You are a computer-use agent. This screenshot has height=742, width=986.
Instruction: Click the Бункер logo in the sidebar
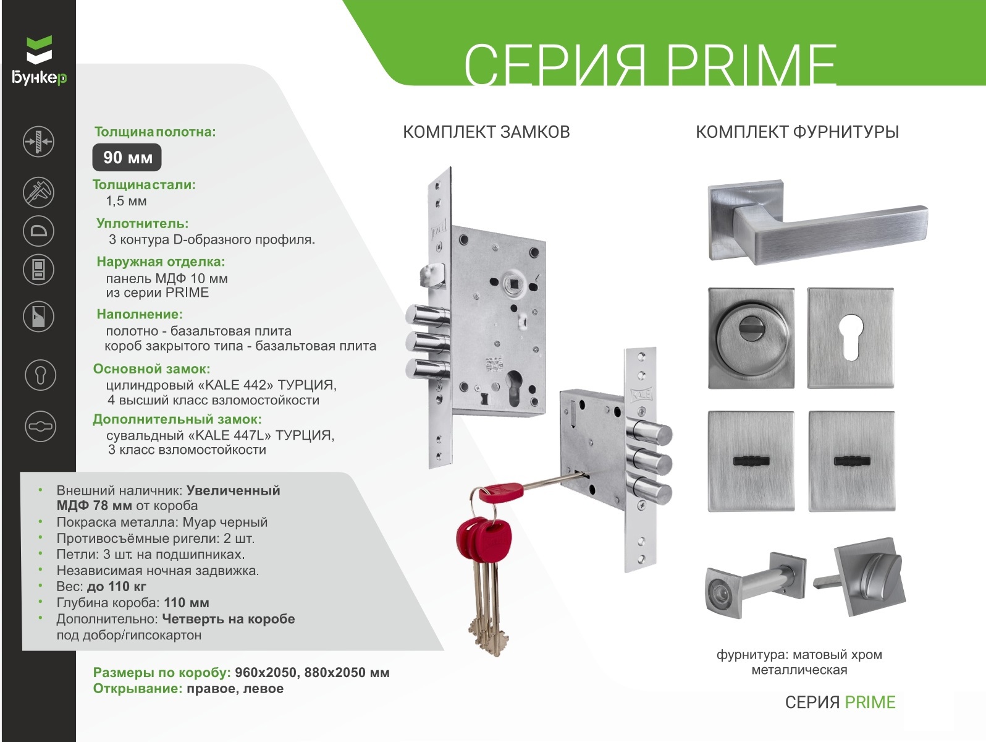point(39,61)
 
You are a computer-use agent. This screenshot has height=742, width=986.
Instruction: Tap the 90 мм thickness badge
point(127,157)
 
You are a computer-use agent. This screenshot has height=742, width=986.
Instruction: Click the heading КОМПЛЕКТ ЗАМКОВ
point(486,132)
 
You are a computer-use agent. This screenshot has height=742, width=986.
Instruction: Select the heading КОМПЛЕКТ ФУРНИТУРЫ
point(797,132)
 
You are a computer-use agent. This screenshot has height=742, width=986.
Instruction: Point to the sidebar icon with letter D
point(39,231)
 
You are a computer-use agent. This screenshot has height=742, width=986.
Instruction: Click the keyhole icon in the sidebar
point(40,375)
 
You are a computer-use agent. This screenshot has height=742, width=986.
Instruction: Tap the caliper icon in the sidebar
point(39,192)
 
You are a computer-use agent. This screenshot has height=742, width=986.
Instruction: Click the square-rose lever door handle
point(817,223)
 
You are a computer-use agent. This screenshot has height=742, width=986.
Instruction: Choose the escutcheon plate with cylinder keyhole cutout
point(850,338)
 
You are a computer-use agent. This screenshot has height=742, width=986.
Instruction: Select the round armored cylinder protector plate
point(751,338)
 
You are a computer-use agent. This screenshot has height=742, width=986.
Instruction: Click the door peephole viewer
point(755,584)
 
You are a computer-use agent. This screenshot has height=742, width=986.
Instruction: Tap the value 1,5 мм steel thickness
point(126,201)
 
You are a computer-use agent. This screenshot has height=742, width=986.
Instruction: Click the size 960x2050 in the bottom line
point(266,672)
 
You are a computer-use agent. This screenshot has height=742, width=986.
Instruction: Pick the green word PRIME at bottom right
point(870,702)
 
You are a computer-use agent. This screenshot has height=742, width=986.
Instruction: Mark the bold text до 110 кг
point(116,587)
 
